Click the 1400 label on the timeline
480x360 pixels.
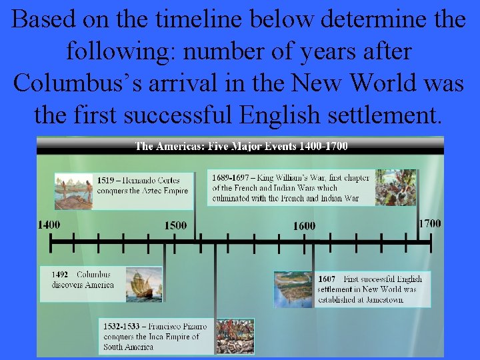pos(49,225)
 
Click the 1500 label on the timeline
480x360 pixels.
pos(175,225)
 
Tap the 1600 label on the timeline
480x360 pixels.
pos(304,226)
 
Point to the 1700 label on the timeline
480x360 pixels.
pos(429,223)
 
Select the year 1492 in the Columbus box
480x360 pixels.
pos(60,275)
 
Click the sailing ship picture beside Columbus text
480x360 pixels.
pos(144,284)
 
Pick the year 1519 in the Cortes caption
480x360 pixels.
pos(105,180)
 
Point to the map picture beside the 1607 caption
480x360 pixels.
pos(293,289)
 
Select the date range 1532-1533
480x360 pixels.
pos(122,327)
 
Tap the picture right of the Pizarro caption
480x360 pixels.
pos(234,336)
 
